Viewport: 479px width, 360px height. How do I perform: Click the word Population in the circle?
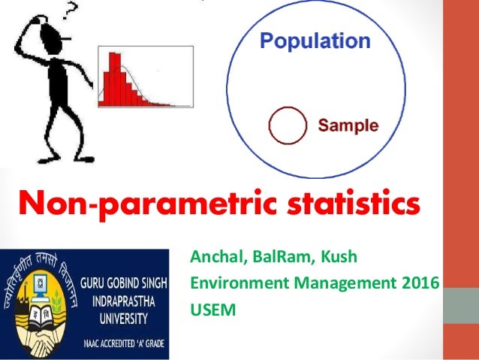315,41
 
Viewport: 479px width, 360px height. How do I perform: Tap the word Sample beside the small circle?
348,126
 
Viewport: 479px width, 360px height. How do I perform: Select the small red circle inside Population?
288,126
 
